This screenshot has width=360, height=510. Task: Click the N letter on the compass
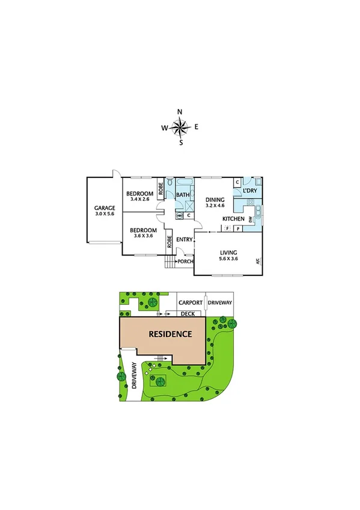180,112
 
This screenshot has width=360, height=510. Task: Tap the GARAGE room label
104,207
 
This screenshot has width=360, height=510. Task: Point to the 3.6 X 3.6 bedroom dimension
144,236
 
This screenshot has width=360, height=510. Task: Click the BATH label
183,195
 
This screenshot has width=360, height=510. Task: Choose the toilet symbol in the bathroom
171,182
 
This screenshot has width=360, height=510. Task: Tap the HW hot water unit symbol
179,215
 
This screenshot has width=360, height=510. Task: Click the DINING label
215,200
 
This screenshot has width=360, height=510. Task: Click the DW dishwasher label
251,221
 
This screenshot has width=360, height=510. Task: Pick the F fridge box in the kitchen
227,229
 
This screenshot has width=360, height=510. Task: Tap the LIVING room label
228,253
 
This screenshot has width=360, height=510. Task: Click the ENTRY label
185,239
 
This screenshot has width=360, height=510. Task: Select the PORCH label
185,261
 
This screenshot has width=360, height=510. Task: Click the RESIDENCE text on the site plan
170,334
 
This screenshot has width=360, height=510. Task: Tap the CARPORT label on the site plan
189,303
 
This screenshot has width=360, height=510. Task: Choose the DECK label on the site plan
188,313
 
